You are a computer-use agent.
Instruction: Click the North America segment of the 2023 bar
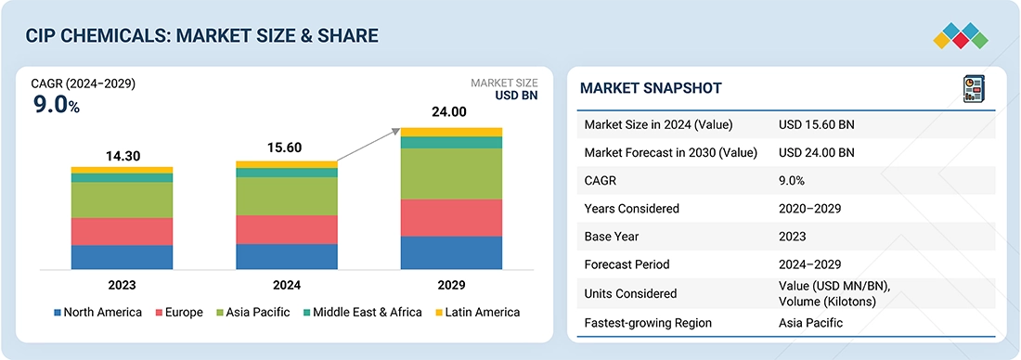click(122, 257)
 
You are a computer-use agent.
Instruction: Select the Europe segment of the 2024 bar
click(287, 230)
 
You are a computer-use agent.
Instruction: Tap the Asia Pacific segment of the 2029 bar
click(451, 174)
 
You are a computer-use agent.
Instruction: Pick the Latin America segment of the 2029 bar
click(451, 132)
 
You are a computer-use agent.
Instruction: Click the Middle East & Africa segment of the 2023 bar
click(122, 178)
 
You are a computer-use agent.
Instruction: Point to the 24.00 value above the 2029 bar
click(449, 112)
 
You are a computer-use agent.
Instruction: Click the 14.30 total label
click(123, 156)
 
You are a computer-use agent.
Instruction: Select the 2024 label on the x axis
click(287, 285)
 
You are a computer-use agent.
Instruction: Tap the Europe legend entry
click(178, 313)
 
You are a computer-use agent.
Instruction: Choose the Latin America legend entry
click(477, 313)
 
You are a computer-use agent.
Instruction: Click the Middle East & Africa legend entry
click(361, 313)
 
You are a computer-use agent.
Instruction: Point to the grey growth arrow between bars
click(368, 145)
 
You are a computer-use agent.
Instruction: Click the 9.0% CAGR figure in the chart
click(56, 105)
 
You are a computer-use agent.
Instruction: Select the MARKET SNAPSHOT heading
click(651, 88)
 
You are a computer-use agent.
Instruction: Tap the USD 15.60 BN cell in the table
click(817, 125)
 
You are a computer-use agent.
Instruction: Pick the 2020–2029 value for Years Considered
click(810, 209)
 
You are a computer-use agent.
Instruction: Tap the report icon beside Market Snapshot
click(974, 89)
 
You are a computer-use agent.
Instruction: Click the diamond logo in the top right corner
click(961, 36)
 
